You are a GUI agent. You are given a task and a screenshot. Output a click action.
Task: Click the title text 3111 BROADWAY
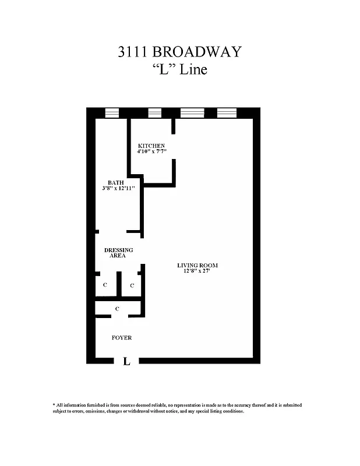tap(179, 52)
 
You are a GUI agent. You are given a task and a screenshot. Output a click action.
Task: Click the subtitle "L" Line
tap(179, 70)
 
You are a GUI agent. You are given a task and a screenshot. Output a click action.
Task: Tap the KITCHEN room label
tap(151, 146)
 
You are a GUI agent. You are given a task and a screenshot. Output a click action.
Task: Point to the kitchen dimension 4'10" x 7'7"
tap(151, 153)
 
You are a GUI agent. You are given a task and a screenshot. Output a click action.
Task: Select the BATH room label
tap(115, 182)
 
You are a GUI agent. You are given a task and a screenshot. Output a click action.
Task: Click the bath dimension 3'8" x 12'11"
tap(115, 189)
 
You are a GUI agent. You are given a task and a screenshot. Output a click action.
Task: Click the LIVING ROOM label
tap(197, 266)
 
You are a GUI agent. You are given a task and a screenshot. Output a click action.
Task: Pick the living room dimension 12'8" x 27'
tap(197, 272)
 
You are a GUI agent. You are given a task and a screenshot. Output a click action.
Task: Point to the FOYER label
tap(122, 338)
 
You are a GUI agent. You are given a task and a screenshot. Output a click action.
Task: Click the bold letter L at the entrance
tap(126, 362)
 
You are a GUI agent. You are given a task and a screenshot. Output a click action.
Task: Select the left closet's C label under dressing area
tap(105, 285)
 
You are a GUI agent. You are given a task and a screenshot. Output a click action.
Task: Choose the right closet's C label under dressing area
tap(132, 285)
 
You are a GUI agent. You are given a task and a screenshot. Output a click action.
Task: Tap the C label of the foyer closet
tap(118, 308)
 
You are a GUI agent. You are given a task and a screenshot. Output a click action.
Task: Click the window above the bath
tap(111, 113)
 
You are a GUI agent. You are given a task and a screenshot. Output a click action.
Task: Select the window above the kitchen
tap(154, 113)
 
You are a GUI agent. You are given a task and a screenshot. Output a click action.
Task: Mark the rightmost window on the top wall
tap(227, 113)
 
